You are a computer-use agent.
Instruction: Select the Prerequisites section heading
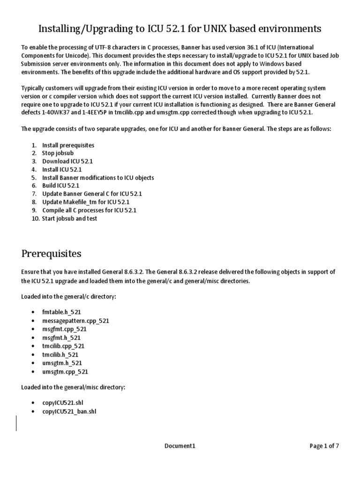(51, 254)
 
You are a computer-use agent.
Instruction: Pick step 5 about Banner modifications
(97, 178)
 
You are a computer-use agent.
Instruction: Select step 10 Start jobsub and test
(69, 218)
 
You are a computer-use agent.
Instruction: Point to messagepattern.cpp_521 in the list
(75, 321)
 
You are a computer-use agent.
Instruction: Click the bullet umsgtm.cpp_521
(65, 371)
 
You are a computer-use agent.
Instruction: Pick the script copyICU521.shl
(63, 403)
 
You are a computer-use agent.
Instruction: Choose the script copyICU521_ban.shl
(69, 411)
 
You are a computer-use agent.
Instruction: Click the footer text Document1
(180, 446)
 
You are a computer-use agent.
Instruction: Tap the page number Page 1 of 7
(324, 446)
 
